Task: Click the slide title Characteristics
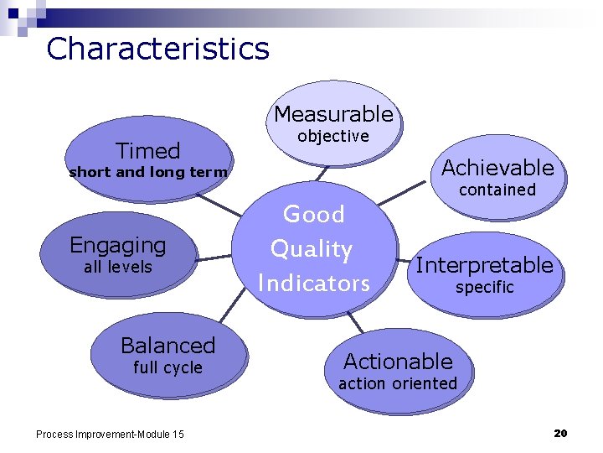[x=157, y=49]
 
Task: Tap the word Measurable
[x=333, y=114]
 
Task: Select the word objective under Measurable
[x=333, y=136]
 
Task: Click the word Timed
[x=147, y=151]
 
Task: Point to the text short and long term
[x=147, y=173]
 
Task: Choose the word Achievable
[x=497, y=168]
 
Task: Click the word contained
[x=497, y=190]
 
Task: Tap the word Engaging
[x=118, y=246]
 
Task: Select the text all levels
[x=118, y=268]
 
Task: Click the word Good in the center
[x=314, y=215]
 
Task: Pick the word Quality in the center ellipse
[x=312, y=249]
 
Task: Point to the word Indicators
[x=313, y=284]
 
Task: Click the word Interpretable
[x=484, y=266]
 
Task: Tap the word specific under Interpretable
[x=484, y=288]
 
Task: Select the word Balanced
[x=167, y=346]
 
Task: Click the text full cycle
[x=167, y=367]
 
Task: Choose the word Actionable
[x=398, y=362]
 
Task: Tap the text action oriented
[x=398, y=384]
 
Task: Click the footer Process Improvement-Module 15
[x=110, y=434]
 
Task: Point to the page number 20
[x=560, y=433]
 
